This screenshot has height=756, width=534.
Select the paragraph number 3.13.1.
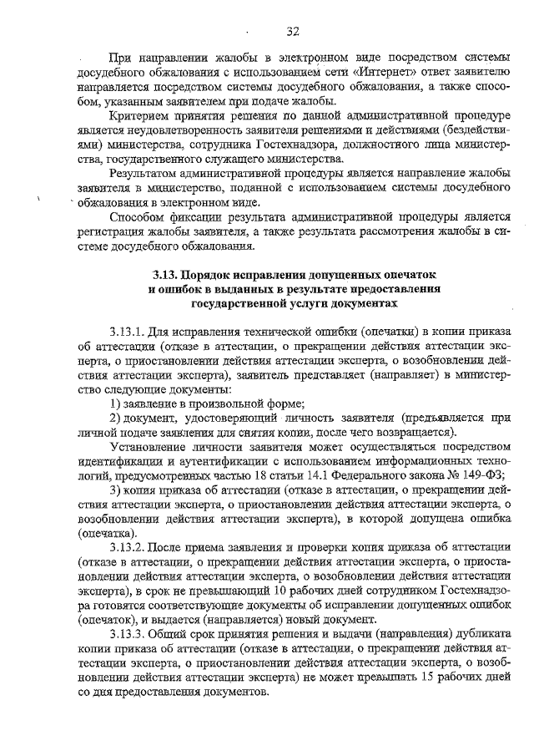coord(127,332)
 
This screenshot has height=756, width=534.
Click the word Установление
coord(150,448)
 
